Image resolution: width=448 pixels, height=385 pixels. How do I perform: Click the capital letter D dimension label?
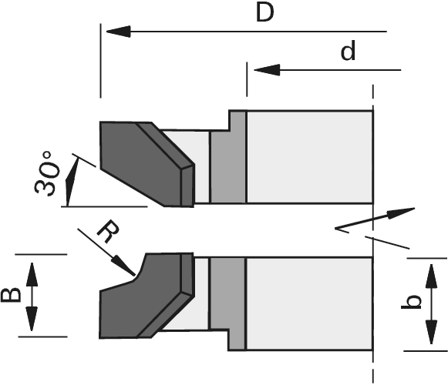[x=264, y=13]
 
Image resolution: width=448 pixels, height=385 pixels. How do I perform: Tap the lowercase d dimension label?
[x=349, y=51]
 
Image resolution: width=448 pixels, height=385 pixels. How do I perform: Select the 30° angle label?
[x=48, y=173]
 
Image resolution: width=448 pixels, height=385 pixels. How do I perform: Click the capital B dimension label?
[x=11, y=295]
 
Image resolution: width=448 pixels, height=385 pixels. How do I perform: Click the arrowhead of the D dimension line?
[x=118, y=32]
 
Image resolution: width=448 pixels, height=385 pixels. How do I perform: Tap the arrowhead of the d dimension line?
[x=267, y=70]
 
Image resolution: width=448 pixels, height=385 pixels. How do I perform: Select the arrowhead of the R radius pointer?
[x=123, y=266]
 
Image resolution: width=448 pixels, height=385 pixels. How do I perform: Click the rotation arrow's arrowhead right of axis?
[x=402, y=213]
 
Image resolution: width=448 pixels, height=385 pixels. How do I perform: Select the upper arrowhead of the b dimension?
[x=432, y=276]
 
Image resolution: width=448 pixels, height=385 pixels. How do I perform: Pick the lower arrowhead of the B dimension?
[x=32, y=319]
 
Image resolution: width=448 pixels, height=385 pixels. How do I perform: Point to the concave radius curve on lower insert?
[x=140, y=268]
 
